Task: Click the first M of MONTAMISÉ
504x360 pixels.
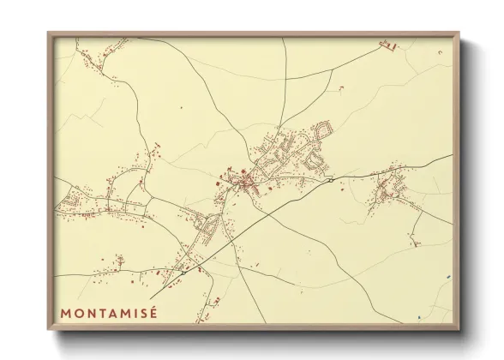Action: [x=65, y=314]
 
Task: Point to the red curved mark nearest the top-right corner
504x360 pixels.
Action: [x=440, y=53]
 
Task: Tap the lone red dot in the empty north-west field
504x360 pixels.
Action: [x=181, y=108]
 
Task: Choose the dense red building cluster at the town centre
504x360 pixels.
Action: [x=245, y=181]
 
